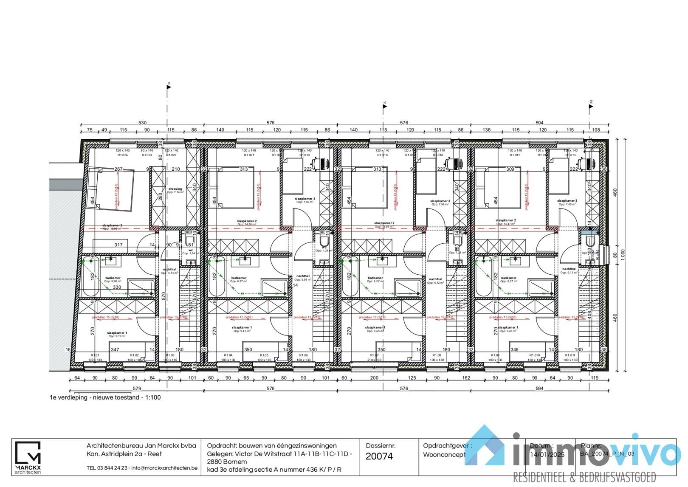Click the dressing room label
pos(175,189)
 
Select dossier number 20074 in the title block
pos(379,456)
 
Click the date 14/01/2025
pos(547,454)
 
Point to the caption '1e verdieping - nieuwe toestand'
pos(105,397)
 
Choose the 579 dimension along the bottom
pos(136,388)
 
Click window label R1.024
pos(123,155)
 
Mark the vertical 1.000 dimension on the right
pos(623,254)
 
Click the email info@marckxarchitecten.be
pos(164,468)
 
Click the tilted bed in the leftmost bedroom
pos(110,189)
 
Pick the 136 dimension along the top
pos(486,130)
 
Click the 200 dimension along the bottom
pos(374,378)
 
